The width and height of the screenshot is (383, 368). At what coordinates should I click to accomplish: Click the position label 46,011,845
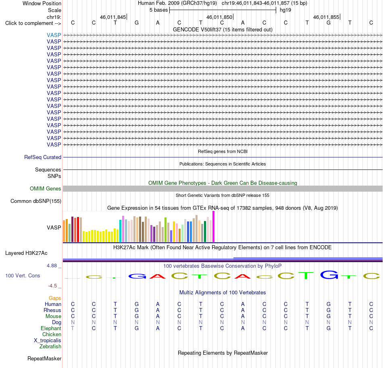(x=113, y=17)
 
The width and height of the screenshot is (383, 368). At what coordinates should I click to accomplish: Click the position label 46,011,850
(x=219, y=17)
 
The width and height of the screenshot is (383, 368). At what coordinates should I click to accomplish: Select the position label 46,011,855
(x=326, y=17)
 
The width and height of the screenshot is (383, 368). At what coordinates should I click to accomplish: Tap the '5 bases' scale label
(x=159, y=10)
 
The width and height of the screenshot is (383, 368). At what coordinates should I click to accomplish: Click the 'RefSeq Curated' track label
(x=43, y=157)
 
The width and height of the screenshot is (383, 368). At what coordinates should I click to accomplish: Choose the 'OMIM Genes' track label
(x=46, y=188)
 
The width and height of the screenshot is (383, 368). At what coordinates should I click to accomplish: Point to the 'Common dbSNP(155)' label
(x=36, y=201)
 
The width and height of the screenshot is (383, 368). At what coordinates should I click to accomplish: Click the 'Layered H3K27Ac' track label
(x=26, y=253)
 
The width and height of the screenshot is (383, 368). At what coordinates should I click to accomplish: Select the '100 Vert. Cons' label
(x=23, y=275)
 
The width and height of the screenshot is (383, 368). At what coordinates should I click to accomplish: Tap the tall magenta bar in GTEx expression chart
(x=214, y=227)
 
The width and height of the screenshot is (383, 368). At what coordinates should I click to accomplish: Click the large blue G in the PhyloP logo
(x=329, y=275)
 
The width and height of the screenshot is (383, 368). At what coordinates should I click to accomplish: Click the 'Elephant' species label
(x=51, y=328)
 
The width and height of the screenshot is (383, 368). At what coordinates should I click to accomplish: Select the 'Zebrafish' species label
(x=50, y=346)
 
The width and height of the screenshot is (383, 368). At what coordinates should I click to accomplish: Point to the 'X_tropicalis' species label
(x=48, y=341)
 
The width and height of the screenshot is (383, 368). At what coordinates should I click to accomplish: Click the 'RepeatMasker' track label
(x=44, y=358)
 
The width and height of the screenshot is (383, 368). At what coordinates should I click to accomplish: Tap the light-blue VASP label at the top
(x=54, y=35)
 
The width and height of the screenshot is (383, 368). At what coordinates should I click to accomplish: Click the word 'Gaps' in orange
(x=55, y=298)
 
